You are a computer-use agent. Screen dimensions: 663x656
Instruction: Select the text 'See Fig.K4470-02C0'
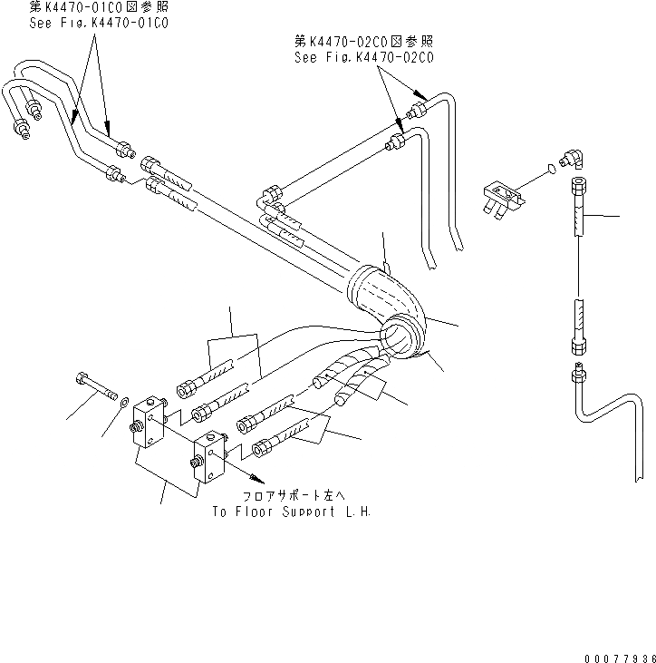pos(364,56)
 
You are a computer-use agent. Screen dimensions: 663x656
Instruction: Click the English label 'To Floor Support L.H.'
pos(291,512)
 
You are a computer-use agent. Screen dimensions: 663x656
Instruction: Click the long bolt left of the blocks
pos(94,387)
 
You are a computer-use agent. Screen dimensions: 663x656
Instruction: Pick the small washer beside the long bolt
pos(122,399)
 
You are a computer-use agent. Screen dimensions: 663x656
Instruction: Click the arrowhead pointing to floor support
pos(261,478)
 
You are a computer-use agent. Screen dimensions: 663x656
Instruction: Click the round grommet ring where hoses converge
pos(404,338)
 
